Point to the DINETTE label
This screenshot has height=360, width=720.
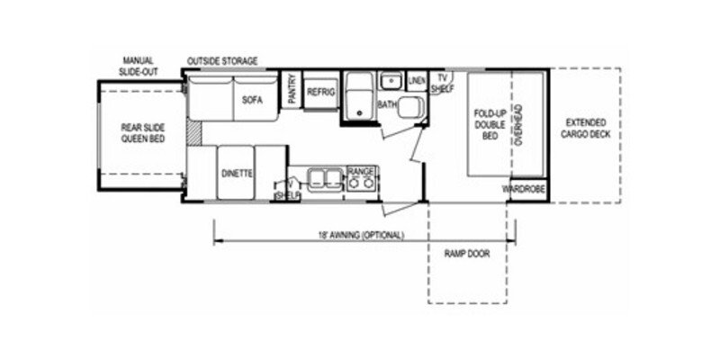click(236, 172)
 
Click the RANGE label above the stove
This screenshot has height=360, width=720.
click(361, 169)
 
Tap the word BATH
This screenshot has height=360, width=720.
click(387, 104)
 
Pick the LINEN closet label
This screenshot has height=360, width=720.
click(416, 82)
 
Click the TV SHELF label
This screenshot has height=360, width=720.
click(439, 83)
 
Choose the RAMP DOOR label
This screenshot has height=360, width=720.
click(466, 254)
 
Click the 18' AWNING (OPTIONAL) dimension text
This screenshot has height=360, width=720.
click(359, 235)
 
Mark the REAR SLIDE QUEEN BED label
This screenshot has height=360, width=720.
click(143, 132)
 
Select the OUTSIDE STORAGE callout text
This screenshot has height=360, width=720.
click(222, 61)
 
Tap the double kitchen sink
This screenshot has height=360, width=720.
click(322, 176)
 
